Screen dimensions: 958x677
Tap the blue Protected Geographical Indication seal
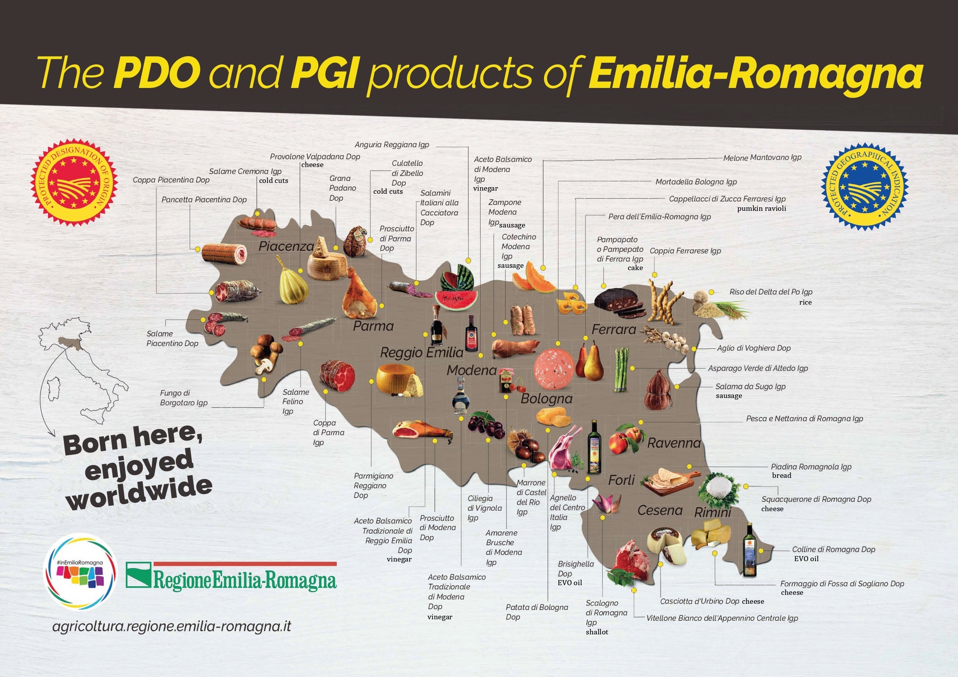(x=864, y=188)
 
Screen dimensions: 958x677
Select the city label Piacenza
(x=286, y=246)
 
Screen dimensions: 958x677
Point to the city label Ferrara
(x=613, y=329)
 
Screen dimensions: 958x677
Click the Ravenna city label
(x=673, y=443)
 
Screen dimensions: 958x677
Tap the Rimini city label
(x=712, y=512)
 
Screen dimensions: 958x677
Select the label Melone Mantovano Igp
(x=762, y=158)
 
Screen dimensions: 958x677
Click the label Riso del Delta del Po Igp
(x=770, y=292)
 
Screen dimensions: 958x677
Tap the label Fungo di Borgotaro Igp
(x=184, y=398)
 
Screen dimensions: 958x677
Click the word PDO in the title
(x=156, y=72)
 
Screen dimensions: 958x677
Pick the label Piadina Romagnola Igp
(x=811, y=467)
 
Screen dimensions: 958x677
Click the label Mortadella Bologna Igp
(x=695, y=182)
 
